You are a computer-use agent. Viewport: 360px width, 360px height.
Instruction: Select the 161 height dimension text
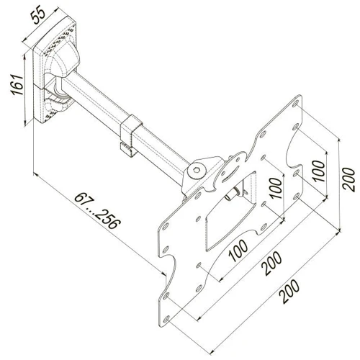(x=22, y=89)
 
